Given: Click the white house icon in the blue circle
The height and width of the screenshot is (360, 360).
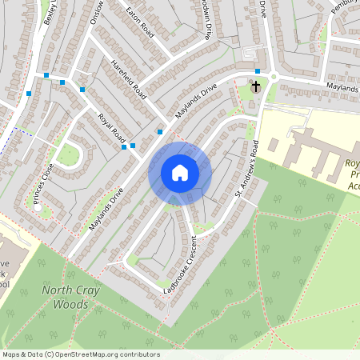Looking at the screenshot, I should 180,173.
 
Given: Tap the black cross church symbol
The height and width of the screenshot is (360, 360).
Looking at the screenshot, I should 256,86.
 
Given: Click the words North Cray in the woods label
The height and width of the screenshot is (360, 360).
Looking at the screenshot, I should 70,290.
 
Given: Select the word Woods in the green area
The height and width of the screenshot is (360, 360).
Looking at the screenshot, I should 70,304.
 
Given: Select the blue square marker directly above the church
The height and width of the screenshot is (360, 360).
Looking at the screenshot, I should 258,71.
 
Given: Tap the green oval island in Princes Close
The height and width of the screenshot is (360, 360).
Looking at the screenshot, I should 70,154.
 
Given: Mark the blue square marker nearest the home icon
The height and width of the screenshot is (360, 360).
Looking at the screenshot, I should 161,131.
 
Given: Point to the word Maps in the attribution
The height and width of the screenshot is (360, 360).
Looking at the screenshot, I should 12,354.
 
